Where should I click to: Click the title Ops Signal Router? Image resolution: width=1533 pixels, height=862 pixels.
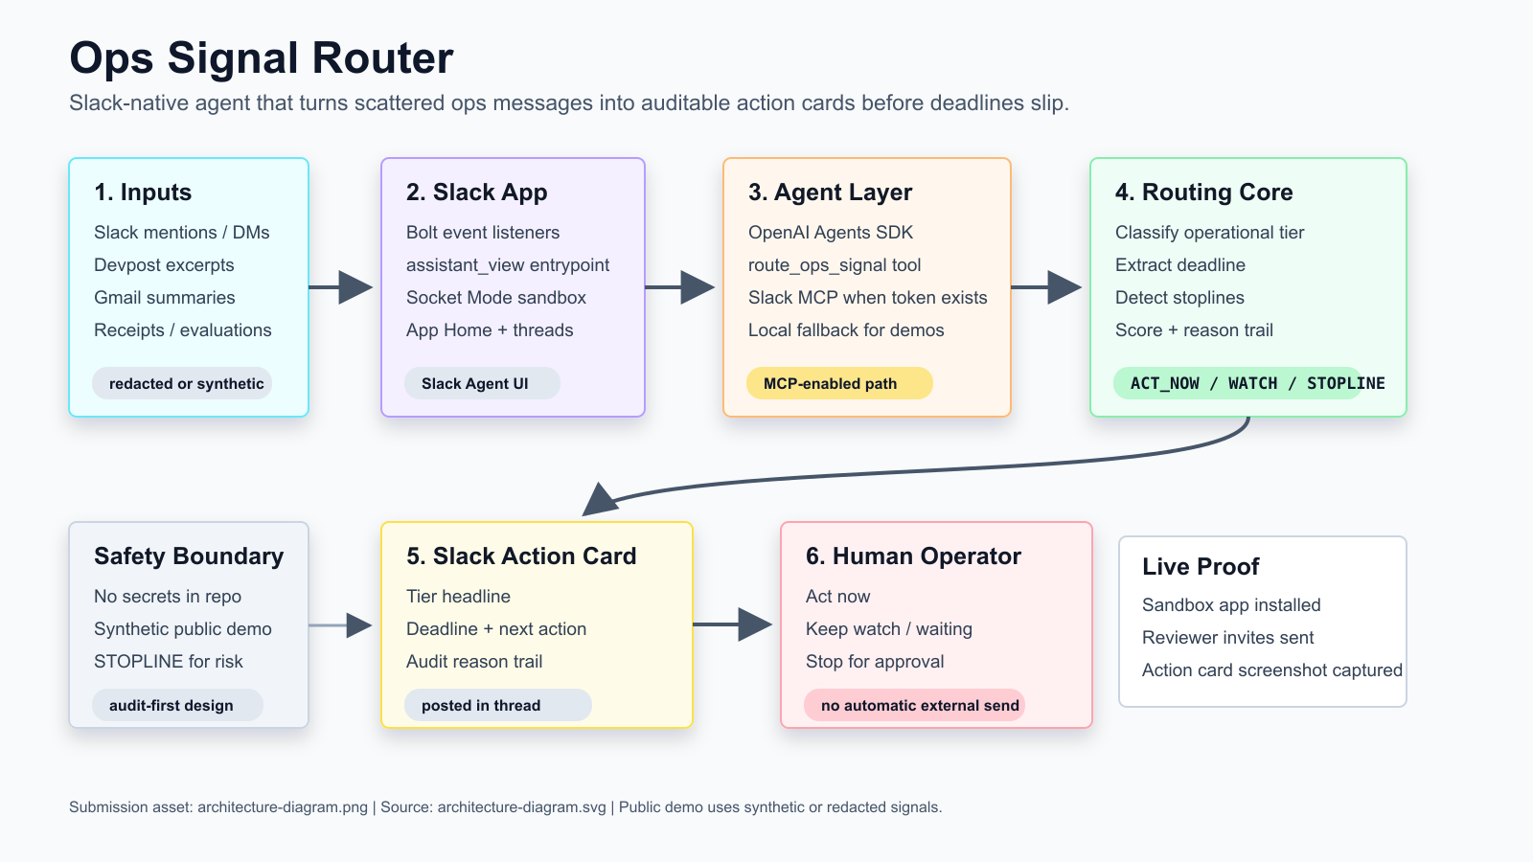[261, 57]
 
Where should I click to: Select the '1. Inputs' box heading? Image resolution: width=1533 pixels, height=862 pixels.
[143, 193]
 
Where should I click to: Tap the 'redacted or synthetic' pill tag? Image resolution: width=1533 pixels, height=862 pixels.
[182, 383]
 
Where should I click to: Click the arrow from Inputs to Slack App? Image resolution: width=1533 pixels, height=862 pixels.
[341, 287]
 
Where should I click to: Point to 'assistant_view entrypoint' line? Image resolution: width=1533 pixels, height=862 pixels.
[507, 265]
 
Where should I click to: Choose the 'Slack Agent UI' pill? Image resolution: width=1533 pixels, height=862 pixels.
[482, 383]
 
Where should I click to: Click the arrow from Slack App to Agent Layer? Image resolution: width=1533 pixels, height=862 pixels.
[679, 287]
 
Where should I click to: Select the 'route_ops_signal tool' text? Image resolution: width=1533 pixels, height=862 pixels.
[835, 265]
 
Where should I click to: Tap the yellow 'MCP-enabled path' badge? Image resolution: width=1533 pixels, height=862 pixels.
[839, 383]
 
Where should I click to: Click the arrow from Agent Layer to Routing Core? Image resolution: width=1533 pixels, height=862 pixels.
[1046, 287]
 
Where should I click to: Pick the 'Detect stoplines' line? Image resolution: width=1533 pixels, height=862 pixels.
[1179, 298]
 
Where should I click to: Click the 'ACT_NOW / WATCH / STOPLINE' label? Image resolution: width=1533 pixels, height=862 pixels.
[1257, 383]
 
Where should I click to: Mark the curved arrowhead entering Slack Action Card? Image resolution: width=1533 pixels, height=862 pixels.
[600, 499]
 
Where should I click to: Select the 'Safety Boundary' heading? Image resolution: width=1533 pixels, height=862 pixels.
[188, 556]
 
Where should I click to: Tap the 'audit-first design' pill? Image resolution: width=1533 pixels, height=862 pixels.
[177, 705]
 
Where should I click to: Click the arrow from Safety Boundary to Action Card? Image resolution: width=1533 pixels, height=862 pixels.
[340, 625]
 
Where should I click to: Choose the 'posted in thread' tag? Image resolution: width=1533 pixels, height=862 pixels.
[497, 705]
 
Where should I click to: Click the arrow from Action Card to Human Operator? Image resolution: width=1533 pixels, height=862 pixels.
[732, 624]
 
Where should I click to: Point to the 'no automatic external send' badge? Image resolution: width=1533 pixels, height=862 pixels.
[914, 705]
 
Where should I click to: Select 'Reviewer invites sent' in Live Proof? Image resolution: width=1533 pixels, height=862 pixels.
[1227, 638]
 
